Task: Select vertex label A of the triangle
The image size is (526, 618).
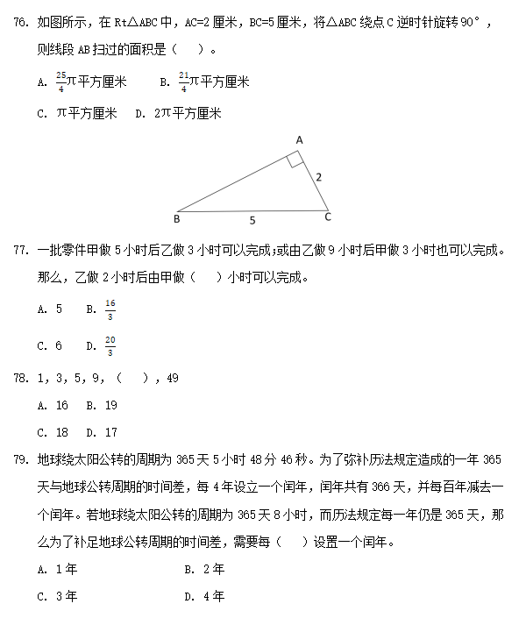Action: (299, 140)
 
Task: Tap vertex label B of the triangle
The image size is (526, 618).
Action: (176, 218)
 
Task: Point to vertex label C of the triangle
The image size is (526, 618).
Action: (327, 217)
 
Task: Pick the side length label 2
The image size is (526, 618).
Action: (318, 177)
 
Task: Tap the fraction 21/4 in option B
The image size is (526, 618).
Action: (183, 82)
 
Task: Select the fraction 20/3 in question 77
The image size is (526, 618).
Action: (110, 346)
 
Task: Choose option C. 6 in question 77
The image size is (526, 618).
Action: (50, 346)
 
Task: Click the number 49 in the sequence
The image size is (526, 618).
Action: (172, 379)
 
